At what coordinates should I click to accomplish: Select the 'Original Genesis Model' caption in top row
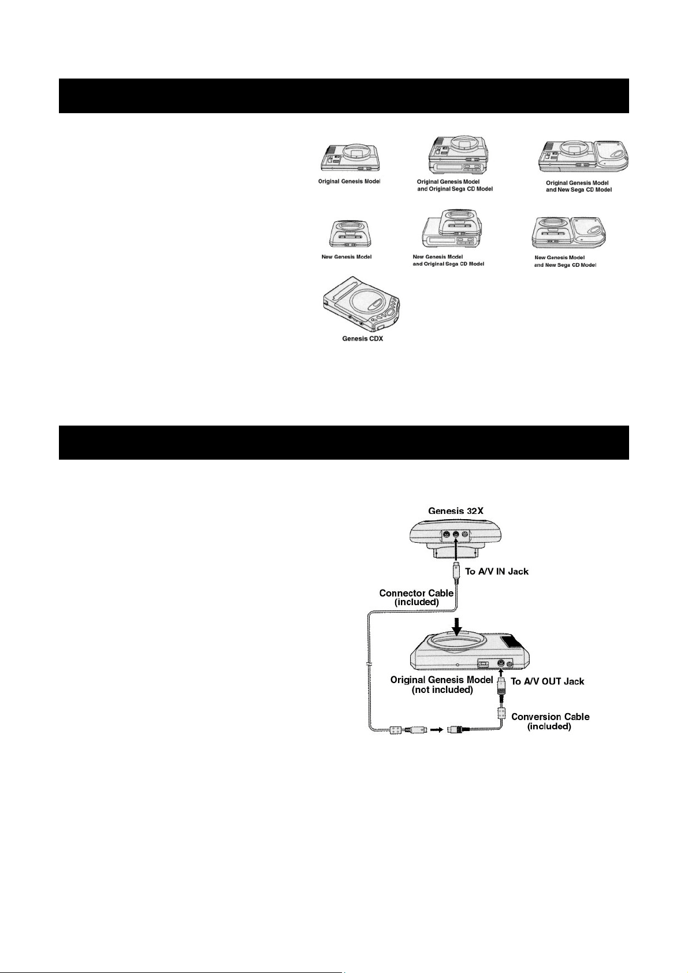click(349, 181)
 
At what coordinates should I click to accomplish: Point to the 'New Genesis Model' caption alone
click(347, 256)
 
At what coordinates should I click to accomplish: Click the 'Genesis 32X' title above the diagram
click(456, 510)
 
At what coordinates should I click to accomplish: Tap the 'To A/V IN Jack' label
click(497, 572)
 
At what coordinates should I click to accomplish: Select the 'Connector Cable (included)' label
click(416, 598)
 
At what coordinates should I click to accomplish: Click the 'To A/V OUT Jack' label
click(548, 681)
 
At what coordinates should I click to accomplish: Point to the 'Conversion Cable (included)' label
click(550, 721)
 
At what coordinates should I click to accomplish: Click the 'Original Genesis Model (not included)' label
click(442, 684)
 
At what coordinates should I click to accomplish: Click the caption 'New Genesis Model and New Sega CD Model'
click(565, 261)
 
